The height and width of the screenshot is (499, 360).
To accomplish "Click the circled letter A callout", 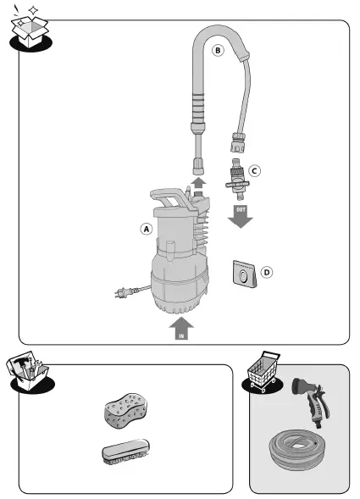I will (x=146, y=229).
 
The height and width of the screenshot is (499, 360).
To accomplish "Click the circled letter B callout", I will (x=218, y=51).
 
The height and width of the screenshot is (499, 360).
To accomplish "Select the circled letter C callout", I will (x=254, y=170).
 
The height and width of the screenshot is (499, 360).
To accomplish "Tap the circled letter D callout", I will (x=267, y=273).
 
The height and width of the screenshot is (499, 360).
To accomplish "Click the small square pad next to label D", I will (x=243, y=274).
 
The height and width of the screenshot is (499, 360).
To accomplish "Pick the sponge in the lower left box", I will (x=125, y=411).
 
